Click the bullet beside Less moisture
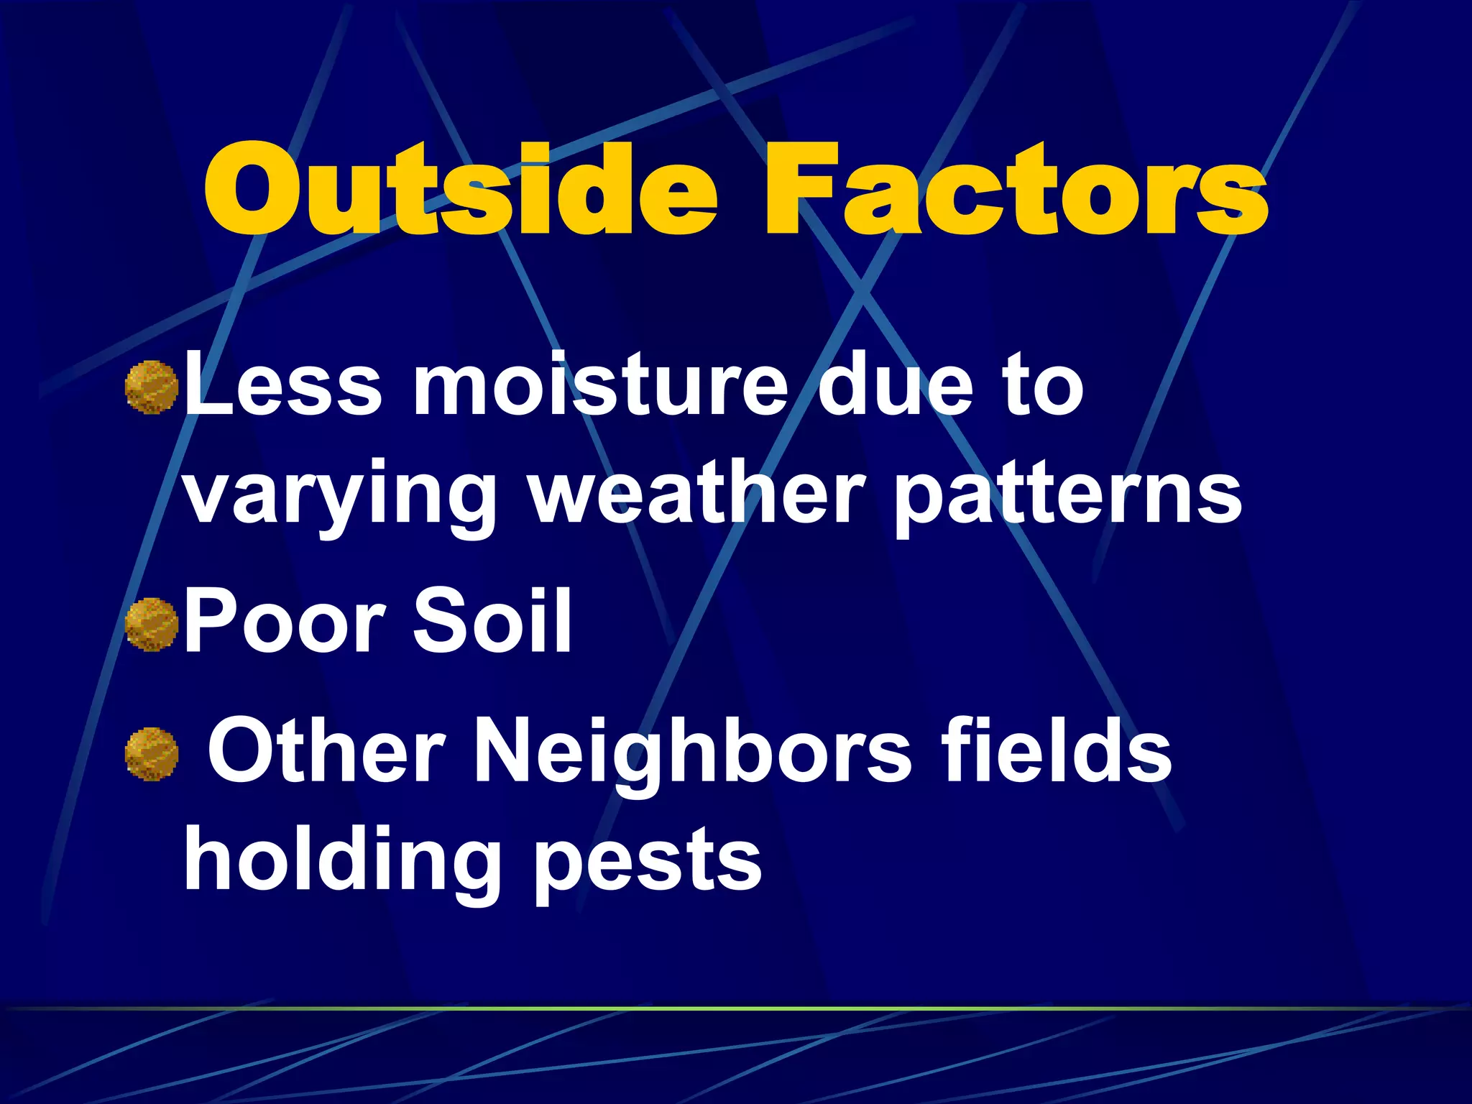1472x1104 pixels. tap(152, 387)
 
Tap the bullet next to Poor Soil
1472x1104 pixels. tap(152, 625)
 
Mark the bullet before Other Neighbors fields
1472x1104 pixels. tap(152, 754)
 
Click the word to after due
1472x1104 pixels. tap(1044, 387)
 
